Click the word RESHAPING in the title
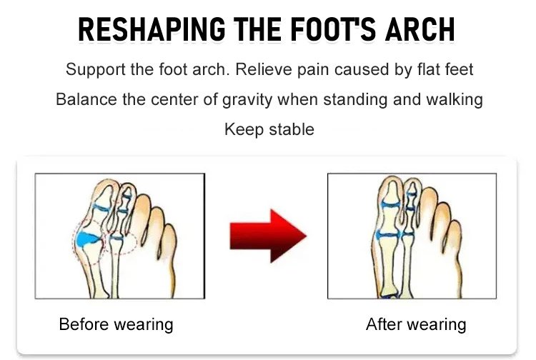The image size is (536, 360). tap(152, 29)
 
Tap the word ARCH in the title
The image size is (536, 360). tap(420, 29)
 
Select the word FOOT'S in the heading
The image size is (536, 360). tap(333, 29)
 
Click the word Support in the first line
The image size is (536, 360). tap(96, 70)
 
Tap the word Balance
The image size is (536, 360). tap(86, 99)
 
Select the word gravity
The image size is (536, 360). tap(247, 100)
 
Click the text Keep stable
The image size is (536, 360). tap(269, 130)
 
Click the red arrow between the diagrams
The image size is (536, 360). tap(268, 236)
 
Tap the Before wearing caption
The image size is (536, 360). tap(116, 324)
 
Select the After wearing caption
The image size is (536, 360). tap(416, 324)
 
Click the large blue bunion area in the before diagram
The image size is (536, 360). tap(86, 239)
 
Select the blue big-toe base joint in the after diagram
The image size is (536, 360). tap(387, 235)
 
